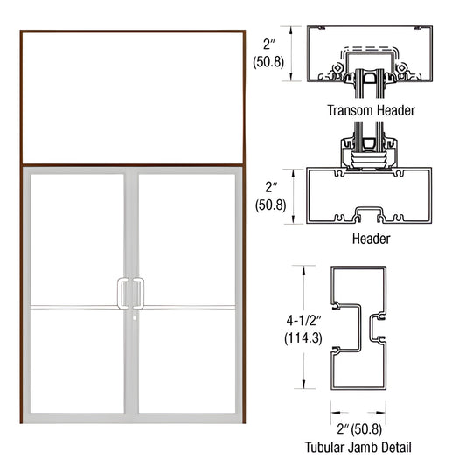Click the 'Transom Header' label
371,111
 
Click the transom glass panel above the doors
132,97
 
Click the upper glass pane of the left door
76,238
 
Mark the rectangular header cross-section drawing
372,198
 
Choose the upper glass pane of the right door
187,238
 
